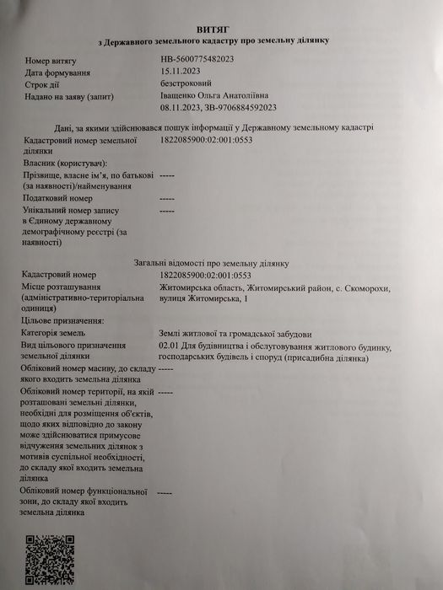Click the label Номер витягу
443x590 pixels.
click(51, 61)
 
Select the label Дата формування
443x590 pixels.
click(57, 72)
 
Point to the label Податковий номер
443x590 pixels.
click(58, 197)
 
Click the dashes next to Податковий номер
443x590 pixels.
click(166, 197)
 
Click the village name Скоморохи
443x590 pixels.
click(365, 287)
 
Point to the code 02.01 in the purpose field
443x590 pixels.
click(168, 346)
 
